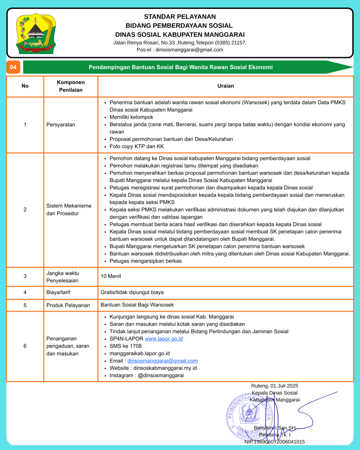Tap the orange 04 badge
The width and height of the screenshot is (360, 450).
13,67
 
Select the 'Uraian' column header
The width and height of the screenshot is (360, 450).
225,86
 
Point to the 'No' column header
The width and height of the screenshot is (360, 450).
25,86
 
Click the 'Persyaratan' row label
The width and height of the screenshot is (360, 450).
61,125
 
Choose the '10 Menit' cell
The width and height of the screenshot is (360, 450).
111,276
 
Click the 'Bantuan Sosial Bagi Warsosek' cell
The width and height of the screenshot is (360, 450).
137,305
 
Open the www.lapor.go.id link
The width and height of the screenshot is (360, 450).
164,339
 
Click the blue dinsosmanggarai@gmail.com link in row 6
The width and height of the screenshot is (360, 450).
162,361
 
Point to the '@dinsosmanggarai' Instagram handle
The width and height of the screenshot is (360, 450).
162,375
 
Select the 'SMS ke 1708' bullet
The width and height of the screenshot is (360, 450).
125,346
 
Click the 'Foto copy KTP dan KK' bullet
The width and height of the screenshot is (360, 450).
136,146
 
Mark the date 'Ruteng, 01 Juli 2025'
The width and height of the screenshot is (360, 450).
274,386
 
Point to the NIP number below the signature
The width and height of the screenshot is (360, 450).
274,442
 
